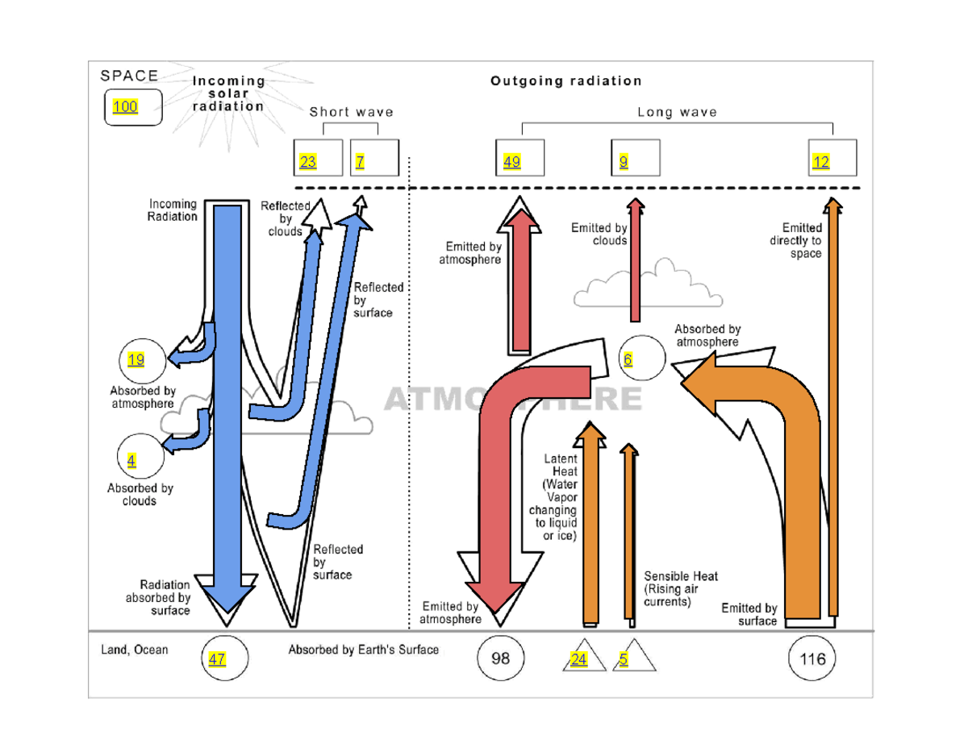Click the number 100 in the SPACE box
tap(125, 108)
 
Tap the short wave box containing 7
tap(375, 157)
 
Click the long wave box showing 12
tap(832, 157)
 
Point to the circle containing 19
tap(142, 359)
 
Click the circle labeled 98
tap(500, 659)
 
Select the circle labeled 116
tap(812, 659)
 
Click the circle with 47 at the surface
tap(223, 659)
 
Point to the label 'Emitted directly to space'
tap(801, 241)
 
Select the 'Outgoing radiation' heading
tap(566, 81)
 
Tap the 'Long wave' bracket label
tap(677, 112)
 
